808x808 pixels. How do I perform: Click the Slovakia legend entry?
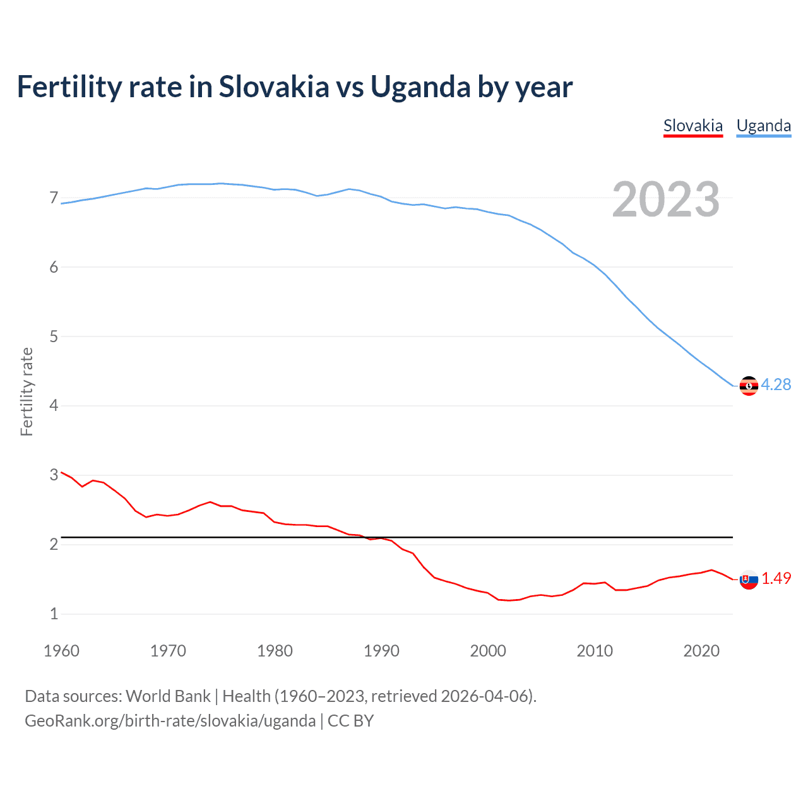pyautogui.click(x=692, y=126)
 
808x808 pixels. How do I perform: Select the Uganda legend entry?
pyautogui.click(x=763, y=126)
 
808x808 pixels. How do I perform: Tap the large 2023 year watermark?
pyautogui.click(x=665, y=199)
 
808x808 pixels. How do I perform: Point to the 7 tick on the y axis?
pyautogui.click(x=54, y=198)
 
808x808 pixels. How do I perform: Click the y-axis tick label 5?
pyautogui.click(x=54, y=336)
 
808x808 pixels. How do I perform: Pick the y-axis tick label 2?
pyautogui.click(x=54, y=544)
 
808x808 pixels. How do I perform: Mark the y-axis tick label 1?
pyautogui.click(x=54, y=614)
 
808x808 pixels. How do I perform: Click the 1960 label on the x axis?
pyautogui.click(x=61, y=651)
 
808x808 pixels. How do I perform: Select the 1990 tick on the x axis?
pyautogui.click(x=381, y=651)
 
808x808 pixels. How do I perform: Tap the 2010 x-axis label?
pyautogui.click(x=595, y=651)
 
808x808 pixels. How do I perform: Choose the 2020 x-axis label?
pyautogui.click(x=701, y=651)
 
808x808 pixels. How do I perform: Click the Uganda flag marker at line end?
pyautogui.click(x=749, y=385)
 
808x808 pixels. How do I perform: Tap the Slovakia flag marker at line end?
pyautogui.click(x=749, y=579)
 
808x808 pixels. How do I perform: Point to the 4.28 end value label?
pyautogui.click(x=776, y=384)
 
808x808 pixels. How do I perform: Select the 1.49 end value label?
pyautogui.click(x=776, y=578)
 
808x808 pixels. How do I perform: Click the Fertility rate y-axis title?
pyautogui.click(x=27, y=391)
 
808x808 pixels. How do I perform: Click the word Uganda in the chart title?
pyautogui.click(x=420, y=87)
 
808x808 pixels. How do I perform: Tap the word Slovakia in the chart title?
pyautogui.click(x=274, y=86)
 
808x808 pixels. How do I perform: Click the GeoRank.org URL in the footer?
pyautogui.click(x=170, y=721)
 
